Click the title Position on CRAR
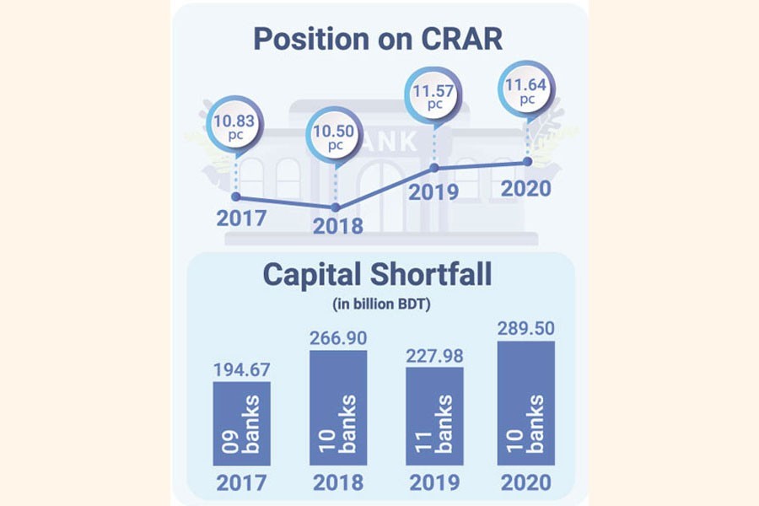coord(379,39)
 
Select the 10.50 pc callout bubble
coord(336,137)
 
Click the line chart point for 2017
coord(235,197)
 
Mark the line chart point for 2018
coord(336,207)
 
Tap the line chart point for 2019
coord(435,167)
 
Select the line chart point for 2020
coord(528,161)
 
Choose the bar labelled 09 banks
coord(241,423)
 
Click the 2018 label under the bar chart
coord(337,483)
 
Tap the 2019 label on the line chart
coord(433,192)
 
